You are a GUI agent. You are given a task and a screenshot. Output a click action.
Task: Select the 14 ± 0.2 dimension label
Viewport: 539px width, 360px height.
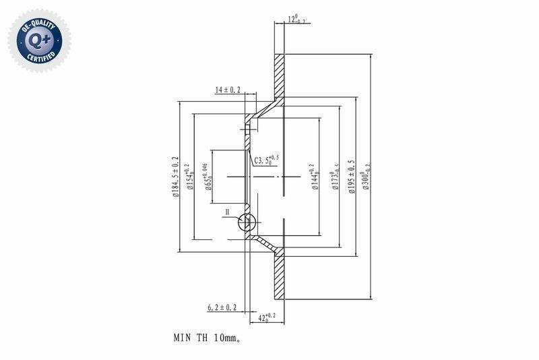pos(228,90)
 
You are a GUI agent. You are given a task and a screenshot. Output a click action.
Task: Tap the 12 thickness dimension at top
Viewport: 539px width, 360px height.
pos(296,20)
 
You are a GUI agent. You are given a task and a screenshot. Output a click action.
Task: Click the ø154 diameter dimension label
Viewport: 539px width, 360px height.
pos(190,177)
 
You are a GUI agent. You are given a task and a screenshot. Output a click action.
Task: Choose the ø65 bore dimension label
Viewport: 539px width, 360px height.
pos(208,177)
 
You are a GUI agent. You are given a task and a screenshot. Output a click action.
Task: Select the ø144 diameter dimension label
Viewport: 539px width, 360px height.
pos(313,177)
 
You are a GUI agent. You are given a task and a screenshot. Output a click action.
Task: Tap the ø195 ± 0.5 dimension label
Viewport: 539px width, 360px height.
pos(351,177)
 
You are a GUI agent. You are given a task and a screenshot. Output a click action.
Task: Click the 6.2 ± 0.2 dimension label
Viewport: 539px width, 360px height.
pos(222,307)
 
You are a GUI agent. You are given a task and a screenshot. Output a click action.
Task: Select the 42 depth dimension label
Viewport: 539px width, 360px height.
pos(267,316)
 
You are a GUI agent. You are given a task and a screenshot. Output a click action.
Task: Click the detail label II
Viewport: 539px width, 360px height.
pos(228,212)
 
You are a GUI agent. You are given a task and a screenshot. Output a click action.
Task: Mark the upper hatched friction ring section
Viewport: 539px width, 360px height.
pos(280,74)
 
